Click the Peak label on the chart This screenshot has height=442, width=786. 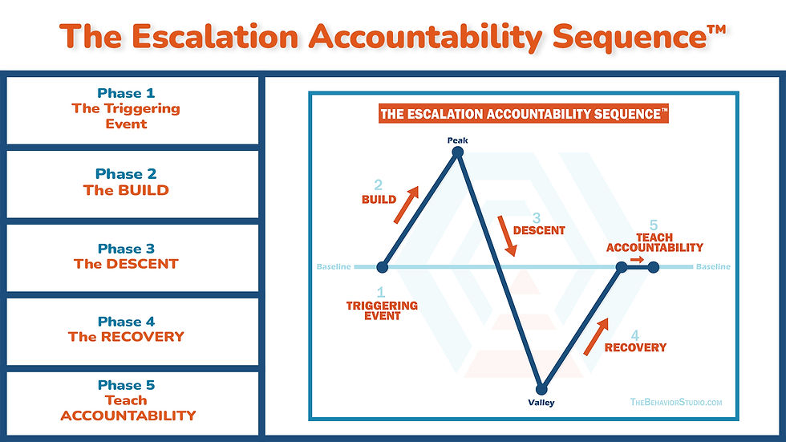[x=457, y=140]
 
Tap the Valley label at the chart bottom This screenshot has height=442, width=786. [x=541, y=403]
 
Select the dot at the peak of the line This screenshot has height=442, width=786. [x=458, y=152]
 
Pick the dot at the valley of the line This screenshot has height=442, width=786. [x=542, y=389]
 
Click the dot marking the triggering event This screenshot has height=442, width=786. [x=382, y=267]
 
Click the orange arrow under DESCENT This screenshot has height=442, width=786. [x=505, y=236]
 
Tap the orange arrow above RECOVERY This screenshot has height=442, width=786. [x=596, y=335]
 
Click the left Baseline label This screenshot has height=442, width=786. [x=334, y=267]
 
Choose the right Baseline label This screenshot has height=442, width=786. [x=713, y=267]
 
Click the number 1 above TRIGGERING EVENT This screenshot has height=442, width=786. [x=381, y=293]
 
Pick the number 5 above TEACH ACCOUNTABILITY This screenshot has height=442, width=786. [x=654, y=226]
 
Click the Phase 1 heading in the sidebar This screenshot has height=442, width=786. [x=126, y=93]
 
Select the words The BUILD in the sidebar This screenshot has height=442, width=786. [x=126, y=191]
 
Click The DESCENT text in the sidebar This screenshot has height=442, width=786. [x=126, y=264]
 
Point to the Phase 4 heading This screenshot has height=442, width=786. [x=126, y=322]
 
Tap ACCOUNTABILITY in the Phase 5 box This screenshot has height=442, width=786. [x=128, y=416]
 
